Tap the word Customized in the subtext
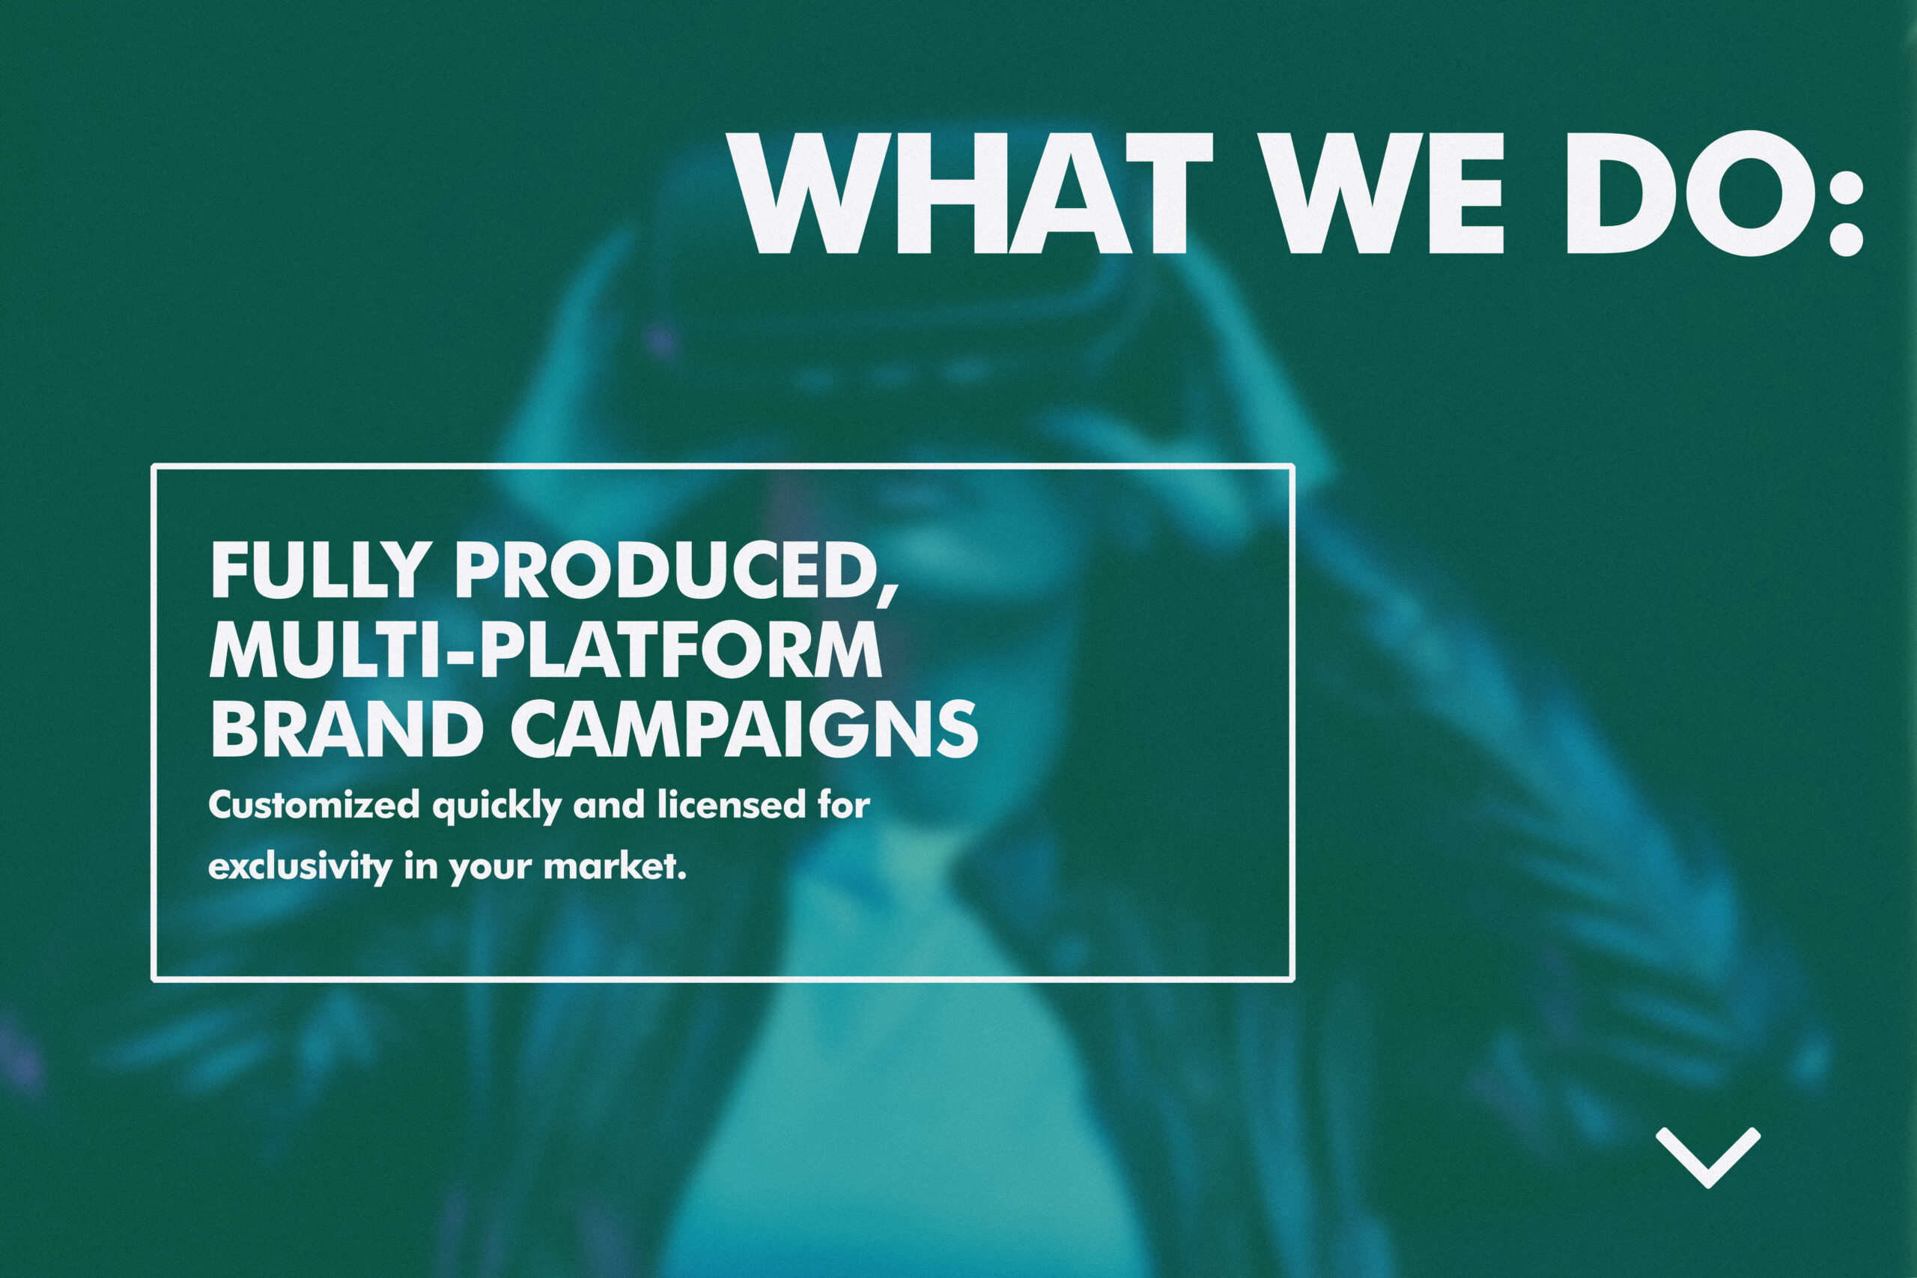314,806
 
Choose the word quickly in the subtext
496,808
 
